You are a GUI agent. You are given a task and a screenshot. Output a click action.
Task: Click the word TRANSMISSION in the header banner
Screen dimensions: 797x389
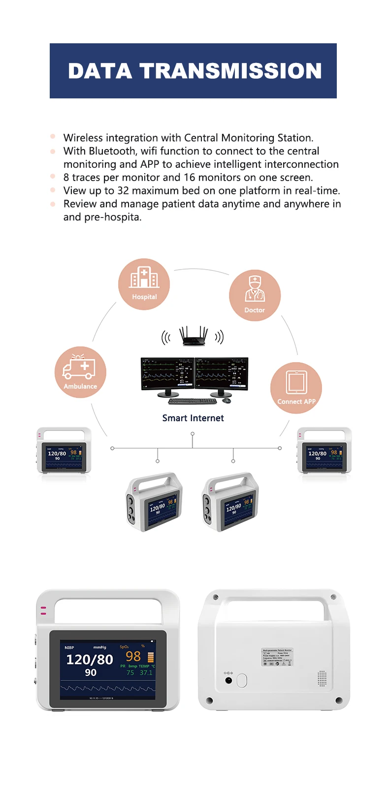pos(230,71)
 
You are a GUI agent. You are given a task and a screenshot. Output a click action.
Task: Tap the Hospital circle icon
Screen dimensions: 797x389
pos(144,284)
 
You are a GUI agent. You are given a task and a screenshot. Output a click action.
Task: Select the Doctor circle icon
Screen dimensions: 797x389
pos(255,295)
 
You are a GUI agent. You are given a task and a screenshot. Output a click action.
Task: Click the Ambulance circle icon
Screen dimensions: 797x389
pos(80,372)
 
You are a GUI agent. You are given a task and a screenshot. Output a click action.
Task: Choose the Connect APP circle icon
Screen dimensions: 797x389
pos(296,388)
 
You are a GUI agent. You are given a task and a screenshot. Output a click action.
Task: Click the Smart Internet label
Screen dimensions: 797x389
pos(193,418)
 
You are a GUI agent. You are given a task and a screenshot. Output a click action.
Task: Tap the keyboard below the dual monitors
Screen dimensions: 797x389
pos(193,401)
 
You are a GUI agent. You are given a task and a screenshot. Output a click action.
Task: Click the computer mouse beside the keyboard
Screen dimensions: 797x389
pos(227,400)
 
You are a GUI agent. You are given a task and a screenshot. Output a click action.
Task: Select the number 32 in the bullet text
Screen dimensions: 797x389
pos(123,191)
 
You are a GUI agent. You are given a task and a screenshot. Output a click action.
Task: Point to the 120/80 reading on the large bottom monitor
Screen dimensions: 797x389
pos(90,659)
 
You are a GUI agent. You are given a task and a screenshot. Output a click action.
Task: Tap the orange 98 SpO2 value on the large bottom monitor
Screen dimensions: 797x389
pos(133,656)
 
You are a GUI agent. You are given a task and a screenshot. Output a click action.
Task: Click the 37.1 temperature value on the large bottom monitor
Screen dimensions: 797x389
pos(146,673)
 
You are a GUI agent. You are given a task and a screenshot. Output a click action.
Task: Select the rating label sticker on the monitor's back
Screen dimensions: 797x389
pos(277,657)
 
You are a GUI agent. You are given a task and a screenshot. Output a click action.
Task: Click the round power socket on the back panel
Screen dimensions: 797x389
pos(228,680)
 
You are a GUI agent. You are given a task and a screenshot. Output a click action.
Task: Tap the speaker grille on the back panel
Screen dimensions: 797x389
pos(322,678)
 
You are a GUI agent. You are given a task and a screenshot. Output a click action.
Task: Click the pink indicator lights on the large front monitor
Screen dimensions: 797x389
pos(43,611)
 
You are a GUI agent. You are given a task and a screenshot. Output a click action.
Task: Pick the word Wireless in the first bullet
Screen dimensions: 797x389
pos(83,138)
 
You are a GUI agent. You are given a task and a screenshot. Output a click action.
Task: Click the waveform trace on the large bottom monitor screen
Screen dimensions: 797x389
pos(108,688)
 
